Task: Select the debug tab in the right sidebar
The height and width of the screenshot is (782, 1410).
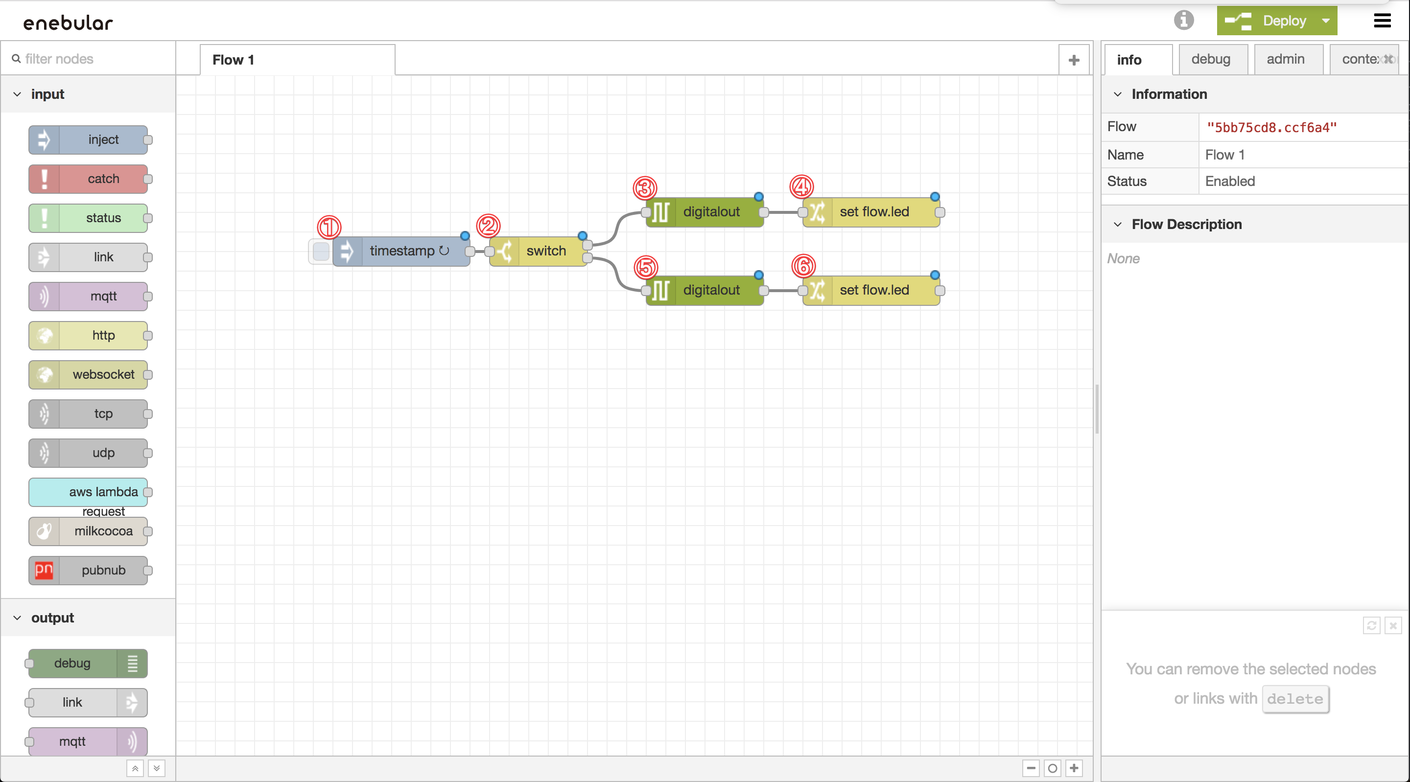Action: pos(1210,59)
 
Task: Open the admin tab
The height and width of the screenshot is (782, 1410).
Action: pos(1285,59)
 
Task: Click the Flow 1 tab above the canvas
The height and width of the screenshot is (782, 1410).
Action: pos(233,60)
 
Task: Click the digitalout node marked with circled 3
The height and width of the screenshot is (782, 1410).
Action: pos(710,212)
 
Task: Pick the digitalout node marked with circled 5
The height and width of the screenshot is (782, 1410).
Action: pos(710,290)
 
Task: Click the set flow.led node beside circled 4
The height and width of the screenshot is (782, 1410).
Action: pos(873,212)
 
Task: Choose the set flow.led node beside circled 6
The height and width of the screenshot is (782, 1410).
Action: pos(873,290)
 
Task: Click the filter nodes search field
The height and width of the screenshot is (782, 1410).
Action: pos(93,59)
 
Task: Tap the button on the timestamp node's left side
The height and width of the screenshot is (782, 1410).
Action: pos(321,251)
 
